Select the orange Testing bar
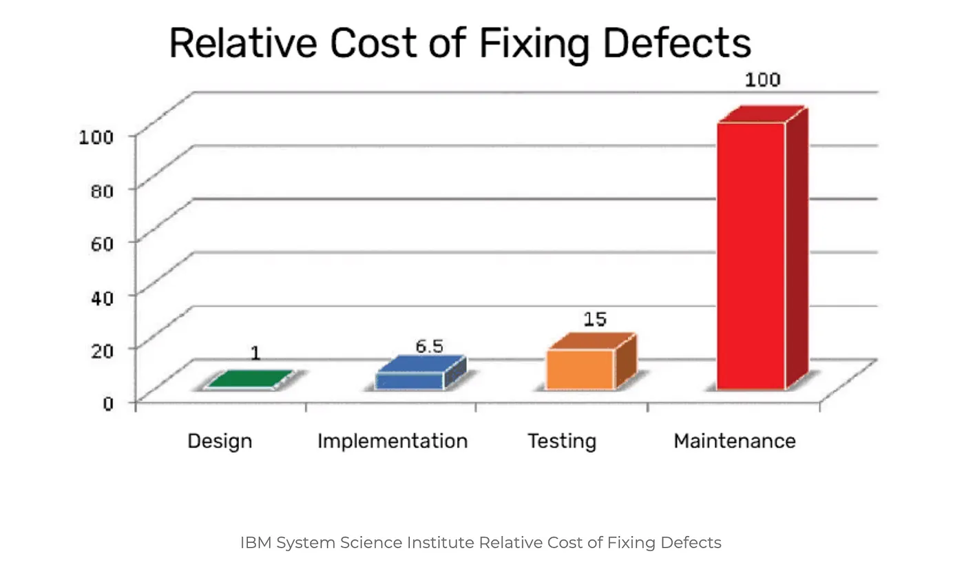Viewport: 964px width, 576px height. (580, 369)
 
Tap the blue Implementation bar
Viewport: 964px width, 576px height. (410, 380)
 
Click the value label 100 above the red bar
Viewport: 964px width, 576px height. (762, 80)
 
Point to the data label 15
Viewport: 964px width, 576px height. (595, 319)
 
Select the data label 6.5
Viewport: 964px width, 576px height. (429, 346)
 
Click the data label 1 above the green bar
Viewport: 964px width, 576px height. (255, 354)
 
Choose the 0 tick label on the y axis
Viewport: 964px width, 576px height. (109, 402)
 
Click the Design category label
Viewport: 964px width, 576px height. (220, 441)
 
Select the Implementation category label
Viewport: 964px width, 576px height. (392, 441)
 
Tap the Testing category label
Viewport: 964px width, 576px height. (562, 441)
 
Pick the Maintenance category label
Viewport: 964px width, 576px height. (734, 441)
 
